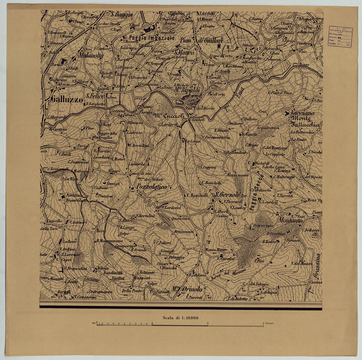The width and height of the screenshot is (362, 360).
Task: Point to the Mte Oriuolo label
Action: click(186, 289)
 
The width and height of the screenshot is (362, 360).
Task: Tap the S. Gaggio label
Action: click(122, 14)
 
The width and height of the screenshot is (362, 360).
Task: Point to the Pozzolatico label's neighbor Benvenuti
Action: click(184, 232)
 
